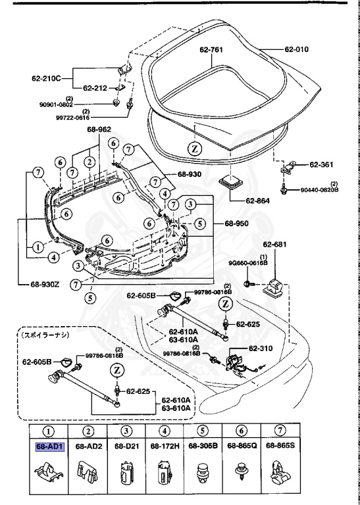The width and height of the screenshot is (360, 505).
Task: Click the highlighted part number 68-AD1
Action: (50, 446)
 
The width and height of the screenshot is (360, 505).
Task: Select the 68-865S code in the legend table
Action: (280, 446)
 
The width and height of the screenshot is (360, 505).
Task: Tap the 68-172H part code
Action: (165, 446)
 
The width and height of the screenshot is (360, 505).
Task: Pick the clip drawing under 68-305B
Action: (203, 471)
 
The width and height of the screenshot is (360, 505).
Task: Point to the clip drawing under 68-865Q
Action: (242, 472)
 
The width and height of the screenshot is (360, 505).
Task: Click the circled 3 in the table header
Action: (126, 432)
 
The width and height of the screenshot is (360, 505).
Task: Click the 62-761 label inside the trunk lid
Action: (213, 49)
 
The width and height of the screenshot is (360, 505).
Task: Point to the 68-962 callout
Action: (100, 130)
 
